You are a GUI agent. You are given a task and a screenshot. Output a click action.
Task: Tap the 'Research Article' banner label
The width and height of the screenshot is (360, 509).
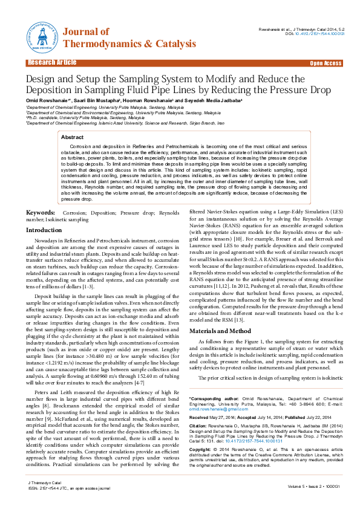(x=51, y=63)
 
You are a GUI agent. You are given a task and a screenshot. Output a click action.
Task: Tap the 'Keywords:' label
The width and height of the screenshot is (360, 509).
(x=41, y=213)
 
